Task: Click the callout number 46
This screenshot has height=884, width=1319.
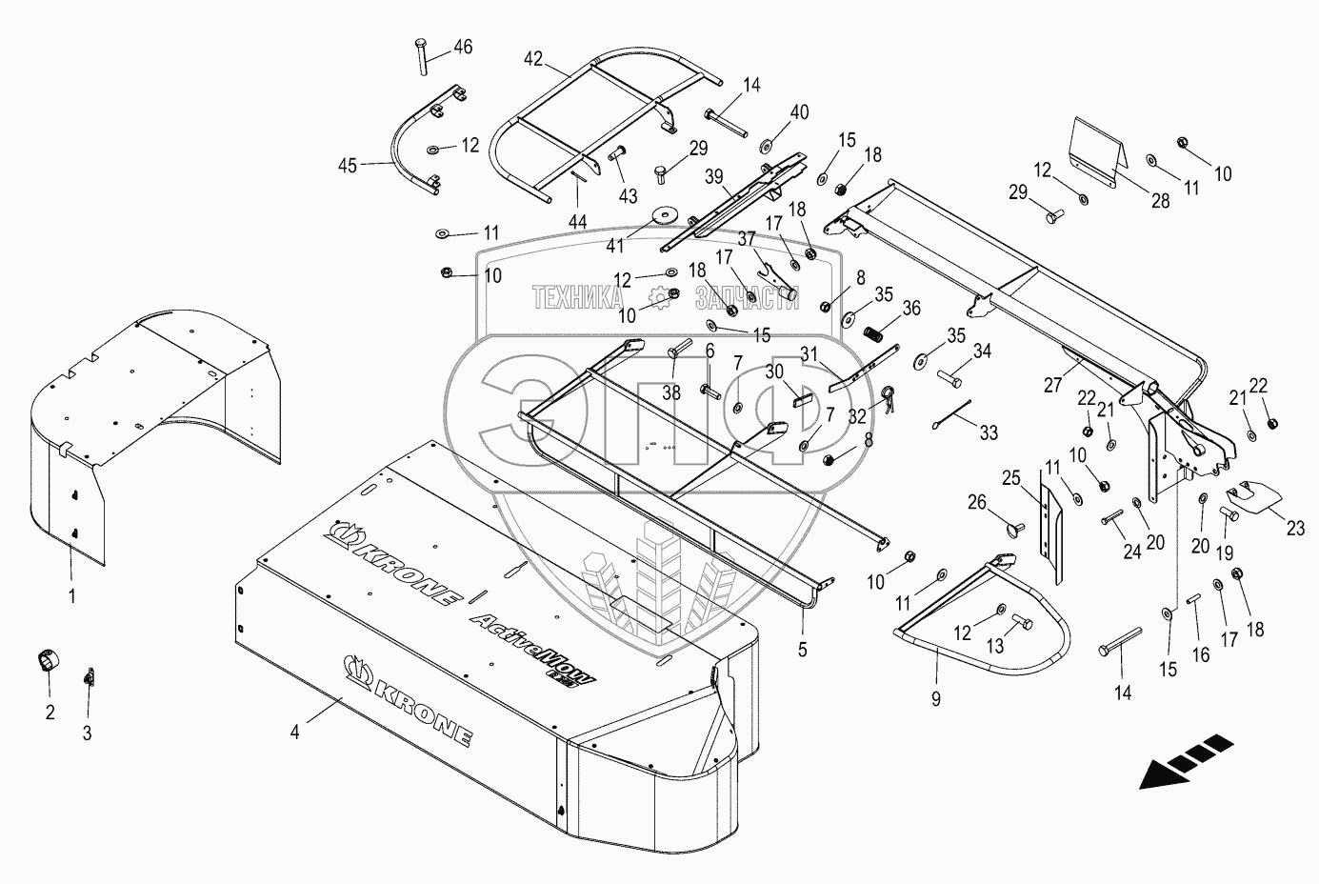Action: (461, 47)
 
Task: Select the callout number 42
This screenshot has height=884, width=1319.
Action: (532, 58)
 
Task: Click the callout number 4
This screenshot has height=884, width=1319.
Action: (295, 733)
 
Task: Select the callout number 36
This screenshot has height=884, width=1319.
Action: (911, 308)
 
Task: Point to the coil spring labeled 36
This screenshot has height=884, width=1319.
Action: (875, 336)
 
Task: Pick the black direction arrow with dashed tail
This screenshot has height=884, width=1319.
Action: (1183, 761)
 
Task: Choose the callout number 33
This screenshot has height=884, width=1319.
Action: (989, 432)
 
